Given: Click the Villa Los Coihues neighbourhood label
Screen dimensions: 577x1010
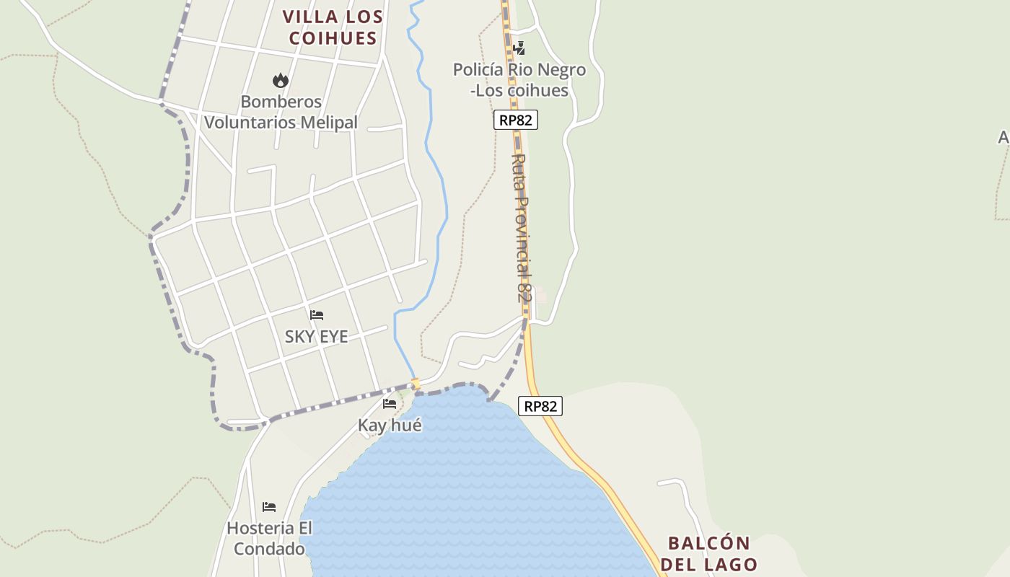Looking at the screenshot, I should [333, 27].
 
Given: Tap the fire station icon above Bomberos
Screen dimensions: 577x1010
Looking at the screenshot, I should [281, 80].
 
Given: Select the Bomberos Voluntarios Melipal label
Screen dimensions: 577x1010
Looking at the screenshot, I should [281, 112].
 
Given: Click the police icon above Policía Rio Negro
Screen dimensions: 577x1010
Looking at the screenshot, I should [519, 48].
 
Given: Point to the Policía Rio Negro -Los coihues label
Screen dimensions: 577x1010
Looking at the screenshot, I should [519, 80].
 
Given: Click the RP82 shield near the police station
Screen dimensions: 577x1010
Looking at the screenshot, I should [516, 120].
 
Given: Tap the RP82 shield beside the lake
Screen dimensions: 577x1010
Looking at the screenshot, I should [540, 406].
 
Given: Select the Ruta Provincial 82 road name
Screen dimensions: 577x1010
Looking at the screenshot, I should [522, 227].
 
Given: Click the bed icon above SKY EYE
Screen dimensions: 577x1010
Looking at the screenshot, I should [317, 315].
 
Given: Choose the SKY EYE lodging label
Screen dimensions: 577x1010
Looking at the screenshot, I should [316, 336].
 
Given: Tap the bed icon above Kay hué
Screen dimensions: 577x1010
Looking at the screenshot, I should [390, 404].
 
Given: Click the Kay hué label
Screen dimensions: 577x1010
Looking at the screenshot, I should [390, 426].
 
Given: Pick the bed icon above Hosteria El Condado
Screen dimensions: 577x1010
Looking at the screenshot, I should [269, 507].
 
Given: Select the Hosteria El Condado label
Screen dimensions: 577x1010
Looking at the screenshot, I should [270, 539].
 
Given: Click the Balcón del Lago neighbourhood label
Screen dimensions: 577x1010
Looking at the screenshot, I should [708, 553].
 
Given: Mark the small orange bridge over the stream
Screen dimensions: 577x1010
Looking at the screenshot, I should [416, 383].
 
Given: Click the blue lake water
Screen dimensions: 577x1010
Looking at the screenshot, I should [462, 490].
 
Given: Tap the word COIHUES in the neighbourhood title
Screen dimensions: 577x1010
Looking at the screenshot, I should [333, 38].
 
